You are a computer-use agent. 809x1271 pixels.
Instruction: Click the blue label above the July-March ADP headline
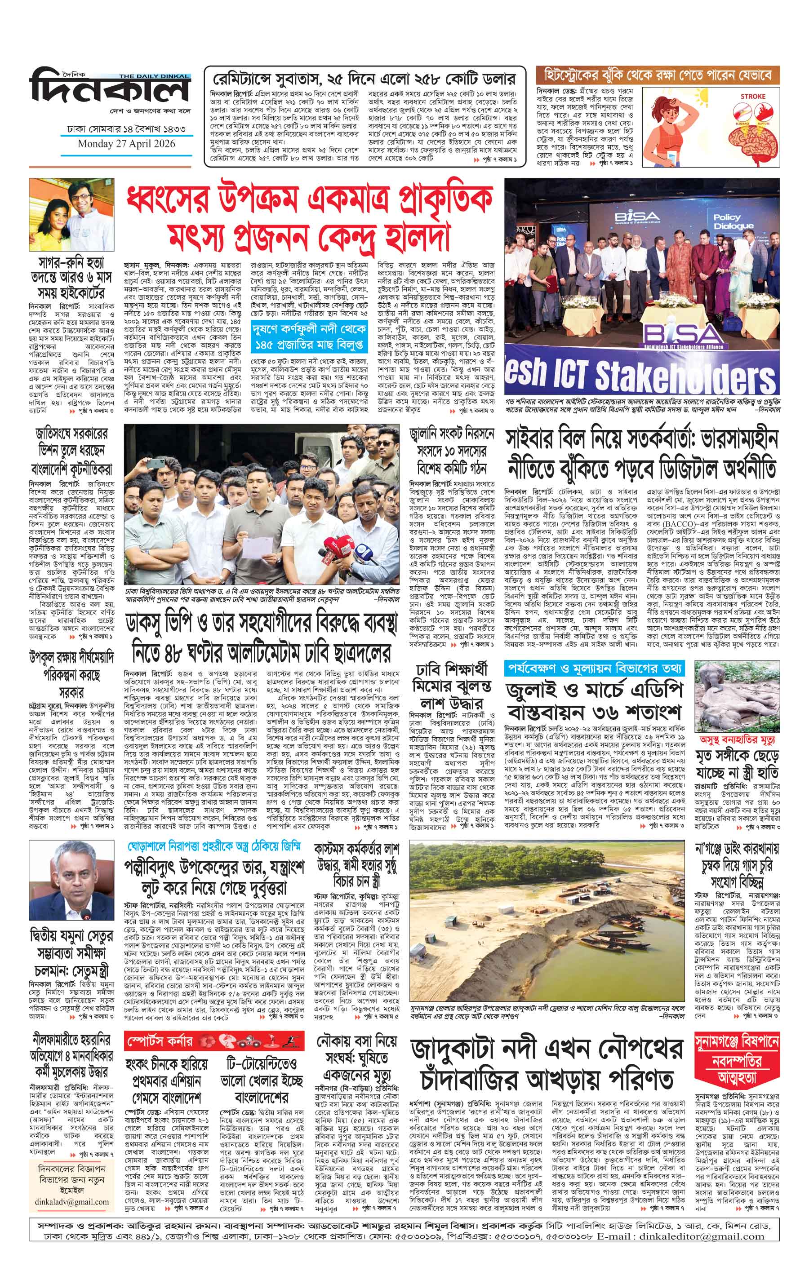tap(594, 668)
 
